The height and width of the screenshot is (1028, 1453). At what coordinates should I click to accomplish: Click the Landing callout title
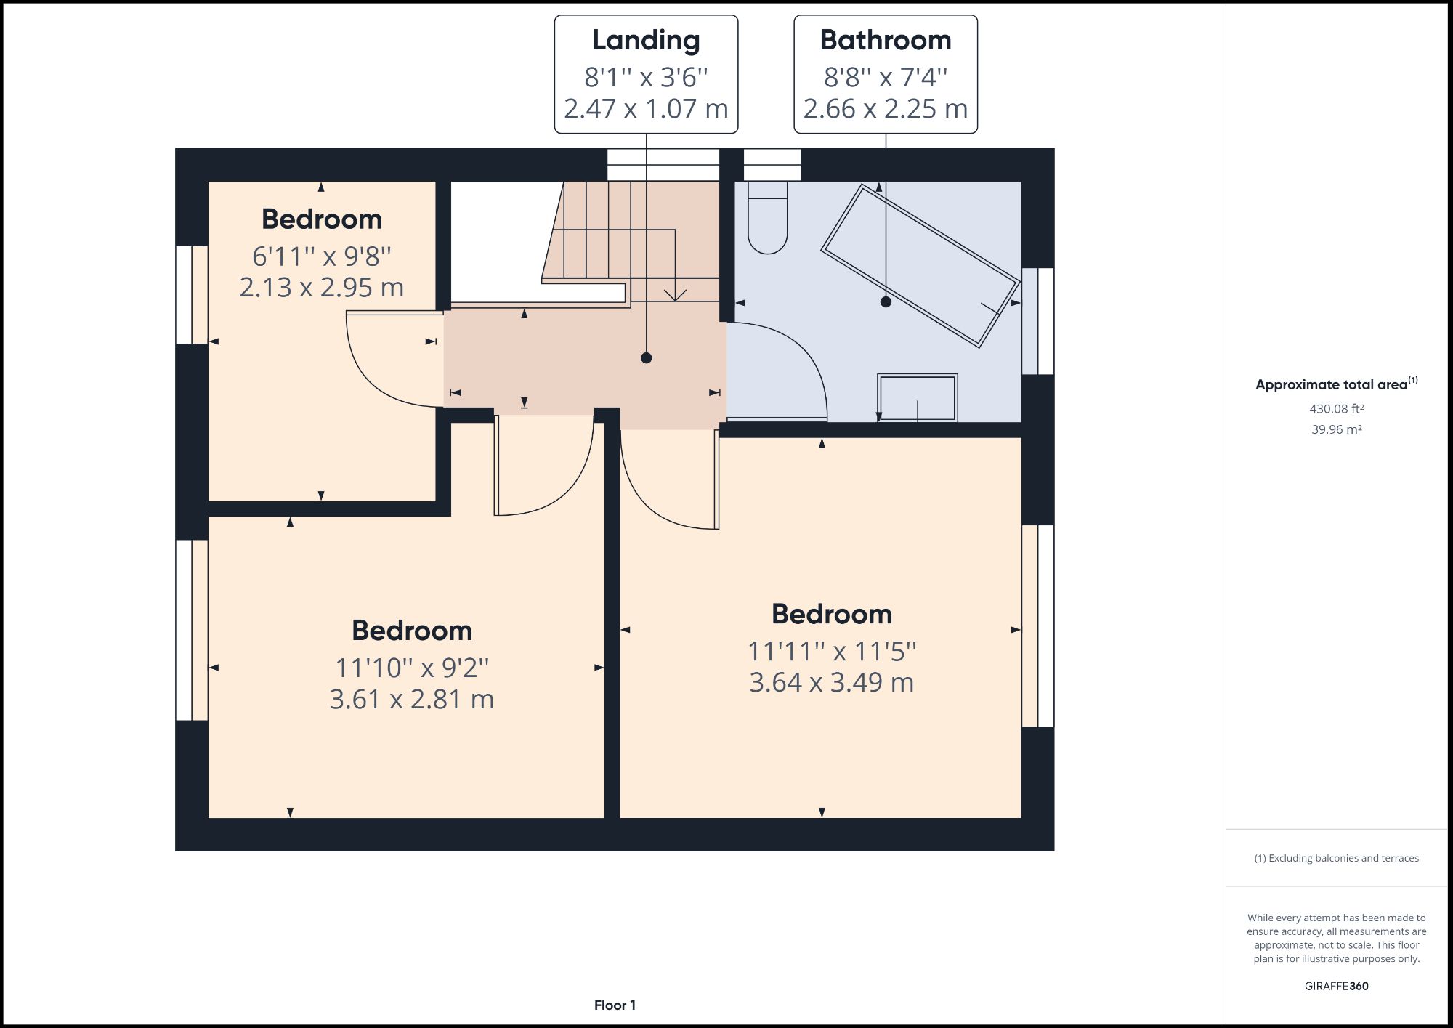(x=646, y=40)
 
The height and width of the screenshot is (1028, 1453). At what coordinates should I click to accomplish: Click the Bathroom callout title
(x=885, y=40)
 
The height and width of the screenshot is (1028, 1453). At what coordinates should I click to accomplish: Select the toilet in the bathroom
(x=768, y=218)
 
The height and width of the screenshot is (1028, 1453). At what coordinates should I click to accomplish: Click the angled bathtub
(x=920, y=265)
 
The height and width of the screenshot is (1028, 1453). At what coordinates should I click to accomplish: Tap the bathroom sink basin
(x=917, y=397)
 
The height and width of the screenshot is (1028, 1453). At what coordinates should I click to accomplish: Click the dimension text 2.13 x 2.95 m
(x=321, y=288)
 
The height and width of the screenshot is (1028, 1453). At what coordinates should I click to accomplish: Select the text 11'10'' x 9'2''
(x=412, y=668)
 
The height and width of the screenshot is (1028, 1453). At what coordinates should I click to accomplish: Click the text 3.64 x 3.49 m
(x=831, y=683)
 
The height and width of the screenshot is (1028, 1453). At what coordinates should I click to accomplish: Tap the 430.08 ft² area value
(x=1336, y=409)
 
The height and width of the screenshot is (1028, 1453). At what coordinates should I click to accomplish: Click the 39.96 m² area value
(x=1336, y=429)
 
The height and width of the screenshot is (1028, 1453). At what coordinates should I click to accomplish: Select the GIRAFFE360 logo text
(x=1336, y=986)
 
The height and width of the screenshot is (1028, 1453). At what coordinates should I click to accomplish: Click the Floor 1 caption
(x=615, y=1005)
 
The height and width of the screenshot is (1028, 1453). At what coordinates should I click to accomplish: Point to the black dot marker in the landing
(x=646, y=357)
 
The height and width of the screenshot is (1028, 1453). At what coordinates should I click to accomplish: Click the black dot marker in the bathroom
(x=886, y=301)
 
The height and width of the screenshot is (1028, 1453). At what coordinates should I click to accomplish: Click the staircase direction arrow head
(x=676, y=296)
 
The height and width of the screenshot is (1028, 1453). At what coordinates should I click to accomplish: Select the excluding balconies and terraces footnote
(x=1336, y=858)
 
